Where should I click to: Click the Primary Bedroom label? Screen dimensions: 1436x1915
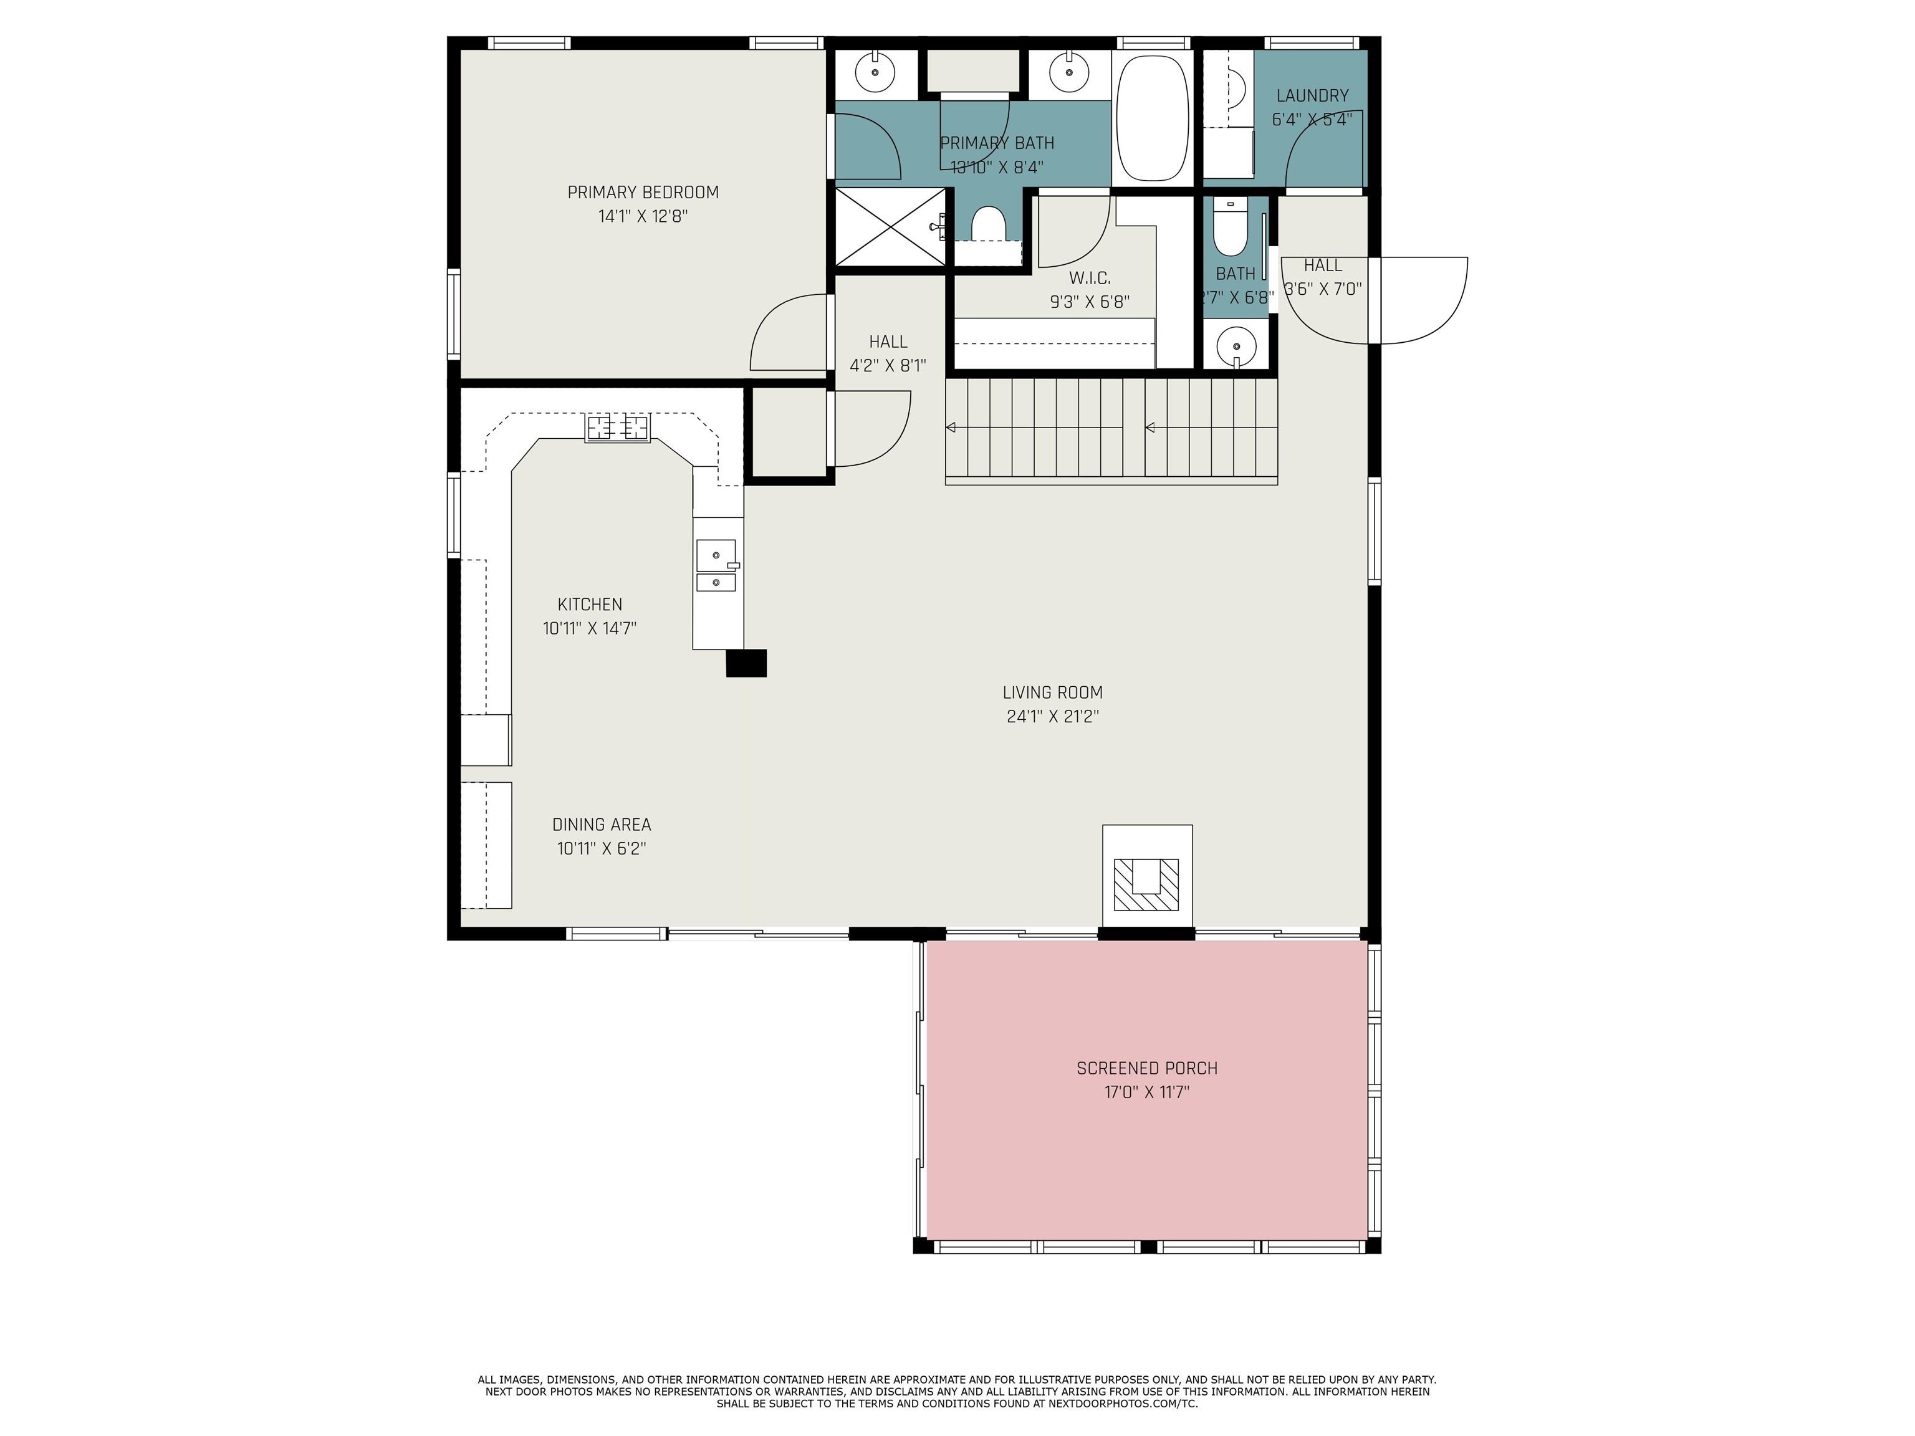tap(642, 192)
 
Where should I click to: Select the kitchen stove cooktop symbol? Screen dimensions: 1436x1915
tap(617, 428)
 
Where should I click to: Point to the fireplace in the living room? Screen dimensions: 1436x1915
tap(1146, 884)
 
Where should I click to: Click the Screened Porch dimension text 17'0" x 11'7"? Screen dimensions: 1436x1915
tap(1146, 1093)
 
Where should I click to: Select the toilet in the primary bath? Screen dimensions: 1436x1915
tap(988, 225)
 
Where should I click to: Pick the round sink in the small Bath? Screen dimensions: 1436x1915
tap(1236, 347)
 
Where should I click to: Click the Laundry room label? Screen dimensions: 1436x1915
tap(1312, 96)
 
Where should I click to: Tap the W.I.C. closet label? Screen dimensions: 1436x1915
tap(1089, 278)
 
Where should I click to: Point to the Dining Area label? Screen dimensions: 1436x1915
tap(601, 825)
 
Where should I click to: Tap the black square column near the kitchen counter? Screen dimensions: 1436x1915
tap(746, 663)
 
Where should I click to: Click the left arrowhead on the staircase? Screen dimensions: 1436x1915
tap(951, 428)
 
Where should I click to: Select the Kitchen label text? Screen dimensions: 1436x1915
tap(590, 604)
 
